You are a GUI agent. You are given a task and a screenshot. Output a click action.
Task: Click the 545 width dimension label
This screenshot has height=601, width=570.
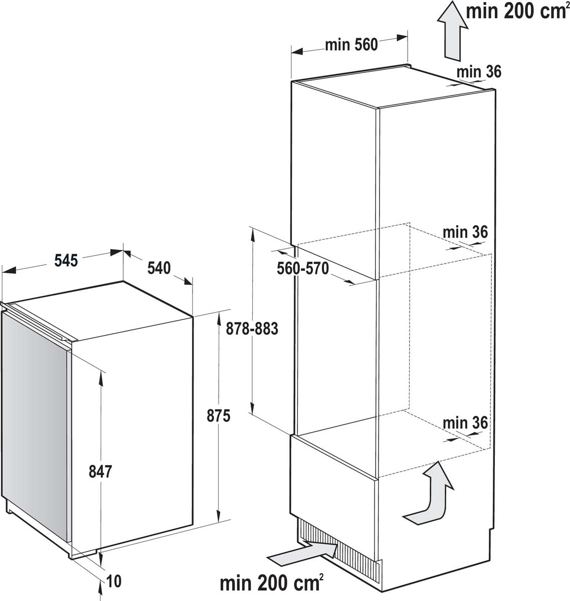coord(66,260)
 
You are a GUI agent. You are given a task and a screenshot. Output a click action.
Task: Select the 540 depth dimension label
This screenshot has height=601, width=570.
coord(159,268)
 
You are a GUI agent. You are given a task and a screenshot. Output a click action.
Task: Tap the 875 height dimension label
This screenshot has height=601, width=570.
coord(219,416)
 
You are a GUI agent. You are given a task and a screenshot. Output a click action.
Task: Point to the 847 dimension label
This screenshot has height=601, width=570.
coord(100,471)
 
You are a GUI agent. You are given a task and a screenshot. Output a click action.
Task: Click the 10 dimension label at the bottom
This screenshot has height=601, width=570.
coord(114,581)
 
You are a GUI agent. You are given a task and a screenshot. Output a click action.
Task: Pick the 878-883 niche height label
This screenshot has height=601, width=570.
coord(252,329)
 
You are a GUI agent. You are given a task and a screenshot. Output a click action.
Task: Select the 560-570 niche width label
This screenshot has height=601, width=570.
coord(303,268)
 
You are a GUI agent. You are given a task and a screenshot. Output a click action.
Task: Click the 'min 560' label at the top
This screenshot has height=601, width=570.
coord(351,45)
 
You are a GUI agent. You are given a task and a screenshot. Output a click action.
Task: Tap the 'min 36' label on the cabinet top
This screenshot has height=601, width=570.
coord(478,72)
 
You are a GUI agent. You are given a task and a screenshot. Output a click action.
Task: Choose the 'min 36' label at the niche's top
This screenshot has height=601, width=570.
coord(465,232)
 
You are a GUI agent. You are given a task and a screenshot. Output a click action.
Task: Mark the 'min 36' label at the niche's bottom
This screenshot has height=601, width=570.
coord(465,423)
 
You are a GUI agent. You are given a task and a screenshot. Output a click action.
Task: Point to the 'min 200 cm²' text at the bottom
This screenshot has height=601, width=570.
coord(270,583)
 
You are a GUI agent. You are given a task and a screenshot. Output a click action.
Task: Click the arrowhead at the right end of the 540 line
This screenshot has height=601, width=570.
coord(187,280)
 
